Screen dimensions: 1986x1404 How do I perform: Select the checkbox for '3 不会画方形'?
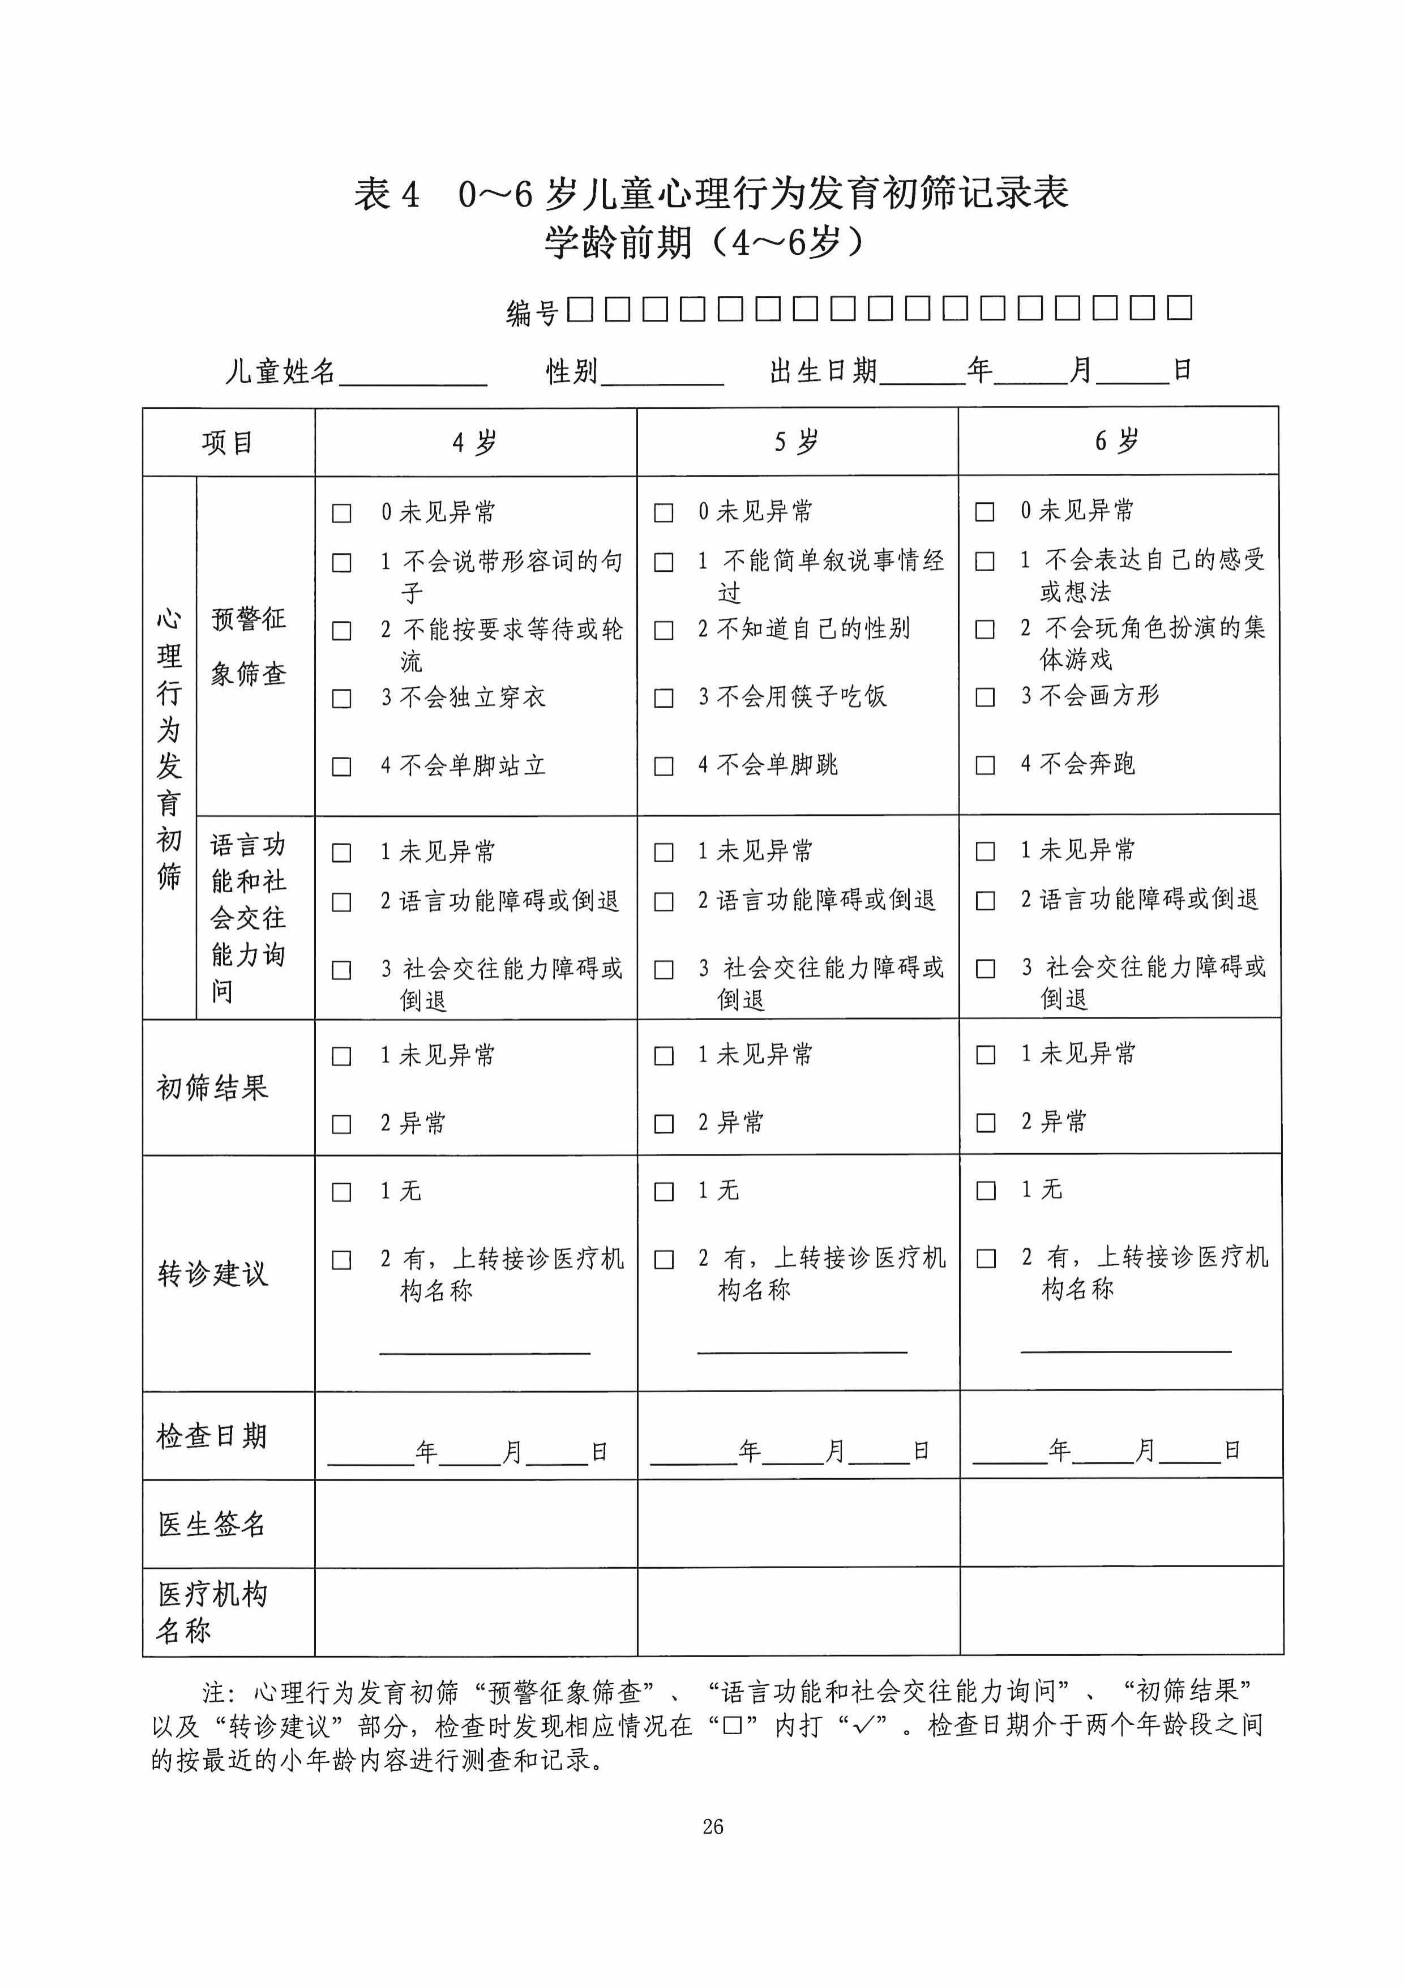[x=984, y=697]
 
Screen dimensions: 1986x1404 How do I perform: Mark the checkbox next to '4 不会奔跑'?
[x=984, y=765]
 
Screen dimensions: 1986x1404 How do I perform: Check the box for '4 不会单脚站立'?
[x=342, y=767]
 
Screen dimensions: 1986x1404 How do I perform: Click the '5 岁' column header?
[x=796, y=442]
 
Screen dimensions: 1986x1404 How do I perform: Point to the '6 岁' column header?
[x=1117, y=441]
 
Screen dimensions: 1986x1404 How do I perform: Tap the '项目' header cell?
[x=228, y=443]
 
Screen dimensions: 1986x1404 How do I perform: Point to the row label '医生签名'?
[x=212, y=1524]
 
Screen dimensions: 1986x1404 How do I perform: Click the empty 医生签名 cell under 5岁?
[x=798, y=1523]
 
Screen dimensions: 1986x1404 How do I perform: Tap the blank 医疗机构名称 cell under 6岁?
[x=1120, y=1611]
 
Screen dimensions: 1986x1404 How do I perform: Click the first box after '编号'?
[x=580, y=309]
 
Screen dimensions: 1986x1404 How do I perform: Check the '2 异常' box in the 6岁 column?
[x=985, y=1123]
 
